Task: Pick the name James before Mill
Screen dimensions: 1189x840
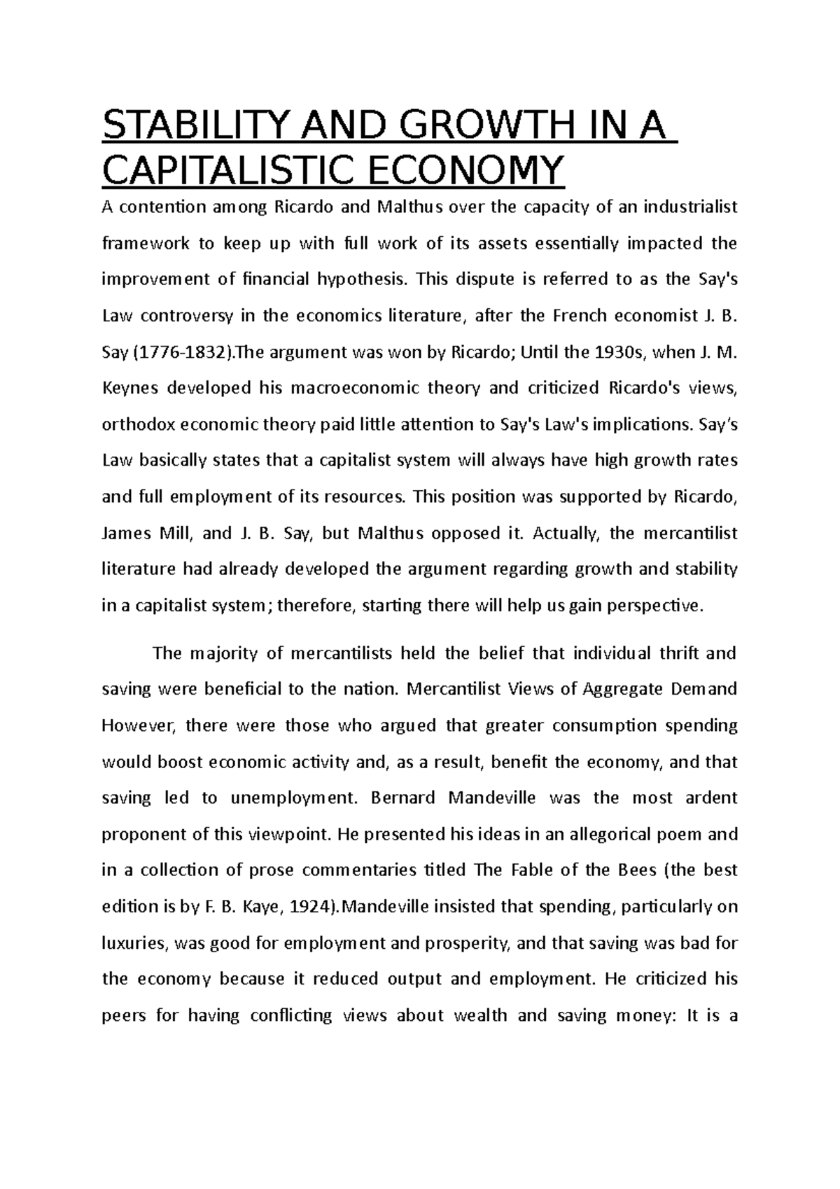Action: coord(125,534)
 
